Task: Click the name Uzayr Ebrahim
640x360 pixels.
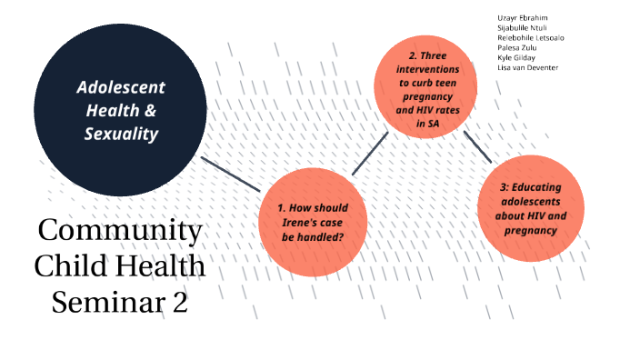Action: (524, 18)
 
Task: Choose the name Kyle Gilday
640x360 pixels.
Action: (517, 58)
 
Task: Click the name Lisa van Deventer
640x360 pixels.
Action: (528, 68)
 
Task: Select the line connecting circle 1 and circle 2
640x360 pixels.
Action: (370, 153)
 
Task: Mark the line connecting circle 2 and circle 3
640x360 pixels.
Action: (478, 146)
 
